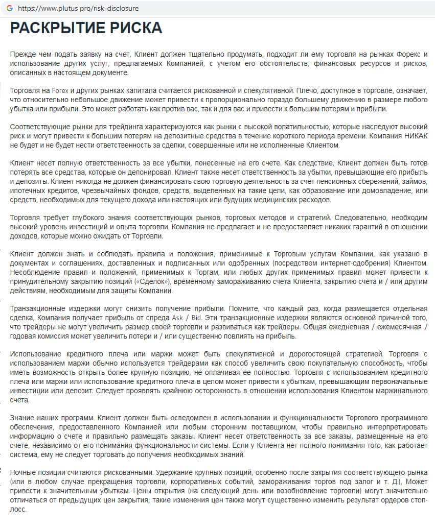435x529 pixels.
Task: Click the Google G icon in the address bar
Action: click(9, 9)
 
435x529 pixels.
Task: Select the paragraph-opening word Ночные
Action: click(22, 472)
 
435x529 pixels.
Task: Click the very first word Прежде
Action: click(22, 54)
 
